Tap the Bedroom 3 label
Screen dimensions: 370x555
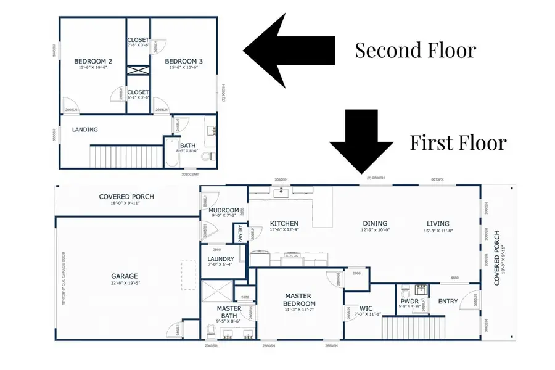point(184,61)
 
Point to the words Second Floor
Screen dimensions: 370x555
point(415,50)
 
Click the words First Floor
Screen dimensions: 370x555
point(458,142)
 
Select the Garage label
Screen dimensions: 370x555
point(125,276)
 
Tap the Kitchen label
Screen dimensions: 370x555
point(284,223)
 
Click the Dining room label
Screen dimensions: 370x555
point(375,223)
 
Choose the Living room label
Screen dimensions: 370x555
point(438,223)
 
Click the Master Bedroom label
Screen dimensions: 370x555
point(300,300)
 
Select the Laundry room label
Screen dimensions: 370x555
point(220,259)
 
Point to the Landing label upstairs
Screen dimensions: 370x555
point(85,129)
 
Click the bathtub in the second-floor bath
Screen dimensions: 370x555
point(171,152)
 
